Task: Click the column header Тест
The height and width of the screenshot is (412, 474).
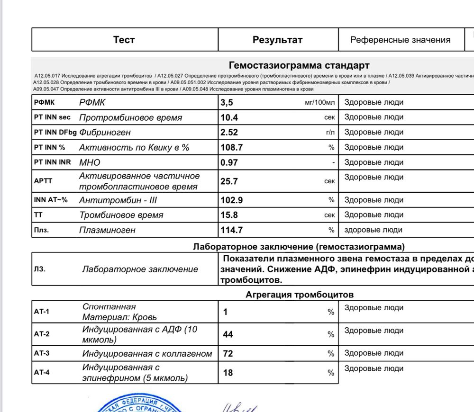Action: point(124,40)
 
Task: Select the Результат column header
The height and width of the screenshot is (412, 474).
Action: point(277,40)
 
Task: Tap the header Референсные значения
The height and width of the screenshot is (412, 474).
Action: point(400,40)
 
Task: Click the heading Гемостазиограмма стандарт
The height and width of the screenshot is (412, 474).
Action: point(299,65)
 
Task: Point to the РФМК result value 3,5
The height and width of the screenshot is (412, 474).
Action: point(228,102)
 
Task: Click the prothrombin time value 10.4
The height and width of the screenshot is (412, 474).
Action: point(229,117)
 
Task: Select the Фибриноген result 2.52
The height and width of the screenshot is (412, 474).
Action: point(229,132)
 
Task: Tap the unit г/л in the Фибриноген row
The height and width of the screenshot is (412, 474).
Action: point(330,133)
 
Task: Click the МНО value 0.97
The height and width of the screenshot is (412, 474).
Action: point(229,162)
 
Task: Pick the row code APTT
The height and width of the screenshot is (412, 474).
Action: point(42,181)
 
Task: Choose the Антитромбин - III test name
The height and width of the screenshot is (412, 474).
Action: point(118,200)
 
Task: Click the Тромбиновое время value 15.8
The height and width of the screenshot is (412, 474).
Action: point(229,215)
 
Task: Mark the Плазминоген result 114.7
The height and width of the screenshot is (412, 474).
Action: point(232,230)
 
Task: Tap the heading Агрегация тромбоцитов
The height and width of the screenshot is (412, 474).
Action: point(299,295)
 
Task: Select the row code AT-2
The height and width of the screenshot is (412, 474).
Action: point(42,334)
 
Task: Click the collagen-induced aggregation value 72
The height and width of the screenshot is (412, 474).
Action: point(228,354)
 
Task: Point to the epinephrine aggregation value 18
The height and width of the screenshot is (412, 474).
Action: point(228,373)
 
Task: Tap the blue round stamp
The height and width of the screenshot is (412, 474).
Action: point(137,404)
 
